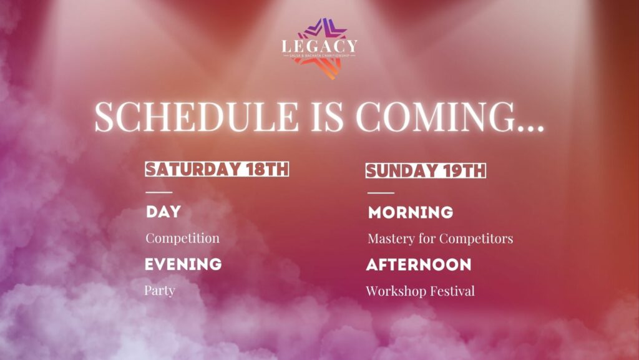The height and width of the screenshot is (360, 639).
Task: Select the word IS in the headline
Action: coord(327,117)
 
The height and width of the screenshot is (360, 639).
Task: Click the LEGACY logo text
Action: coord(319,46)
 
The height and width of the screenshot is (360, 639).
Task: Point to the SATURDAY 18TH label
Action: coord(217,169)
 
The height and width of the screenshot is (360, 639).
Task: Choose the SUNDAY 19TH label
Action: coord(426,170)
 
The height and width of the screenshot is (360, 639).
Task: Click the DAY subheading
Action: coord(163,212)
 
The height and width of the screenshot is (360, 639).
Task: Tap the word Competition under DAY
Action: coord(183,238)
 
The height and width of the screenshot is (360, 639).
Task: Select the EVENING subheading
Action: coord(183,265)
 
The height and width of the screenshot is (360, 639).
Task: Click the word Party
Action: coord(160,291)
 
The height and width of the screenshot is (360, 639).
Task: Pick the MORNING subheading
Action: coord(411,213)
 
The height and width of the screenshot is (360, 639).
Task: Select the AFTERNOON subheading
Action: coord(419,265)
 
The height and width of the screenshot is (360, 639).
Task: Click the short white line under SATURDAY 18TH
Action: coord(159,192)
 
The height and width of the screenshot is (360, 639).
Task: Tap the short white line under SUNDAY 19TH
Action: coord(381,193)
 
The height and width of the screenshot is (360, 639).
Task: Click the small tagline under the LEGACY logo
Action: coord(319,55)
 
